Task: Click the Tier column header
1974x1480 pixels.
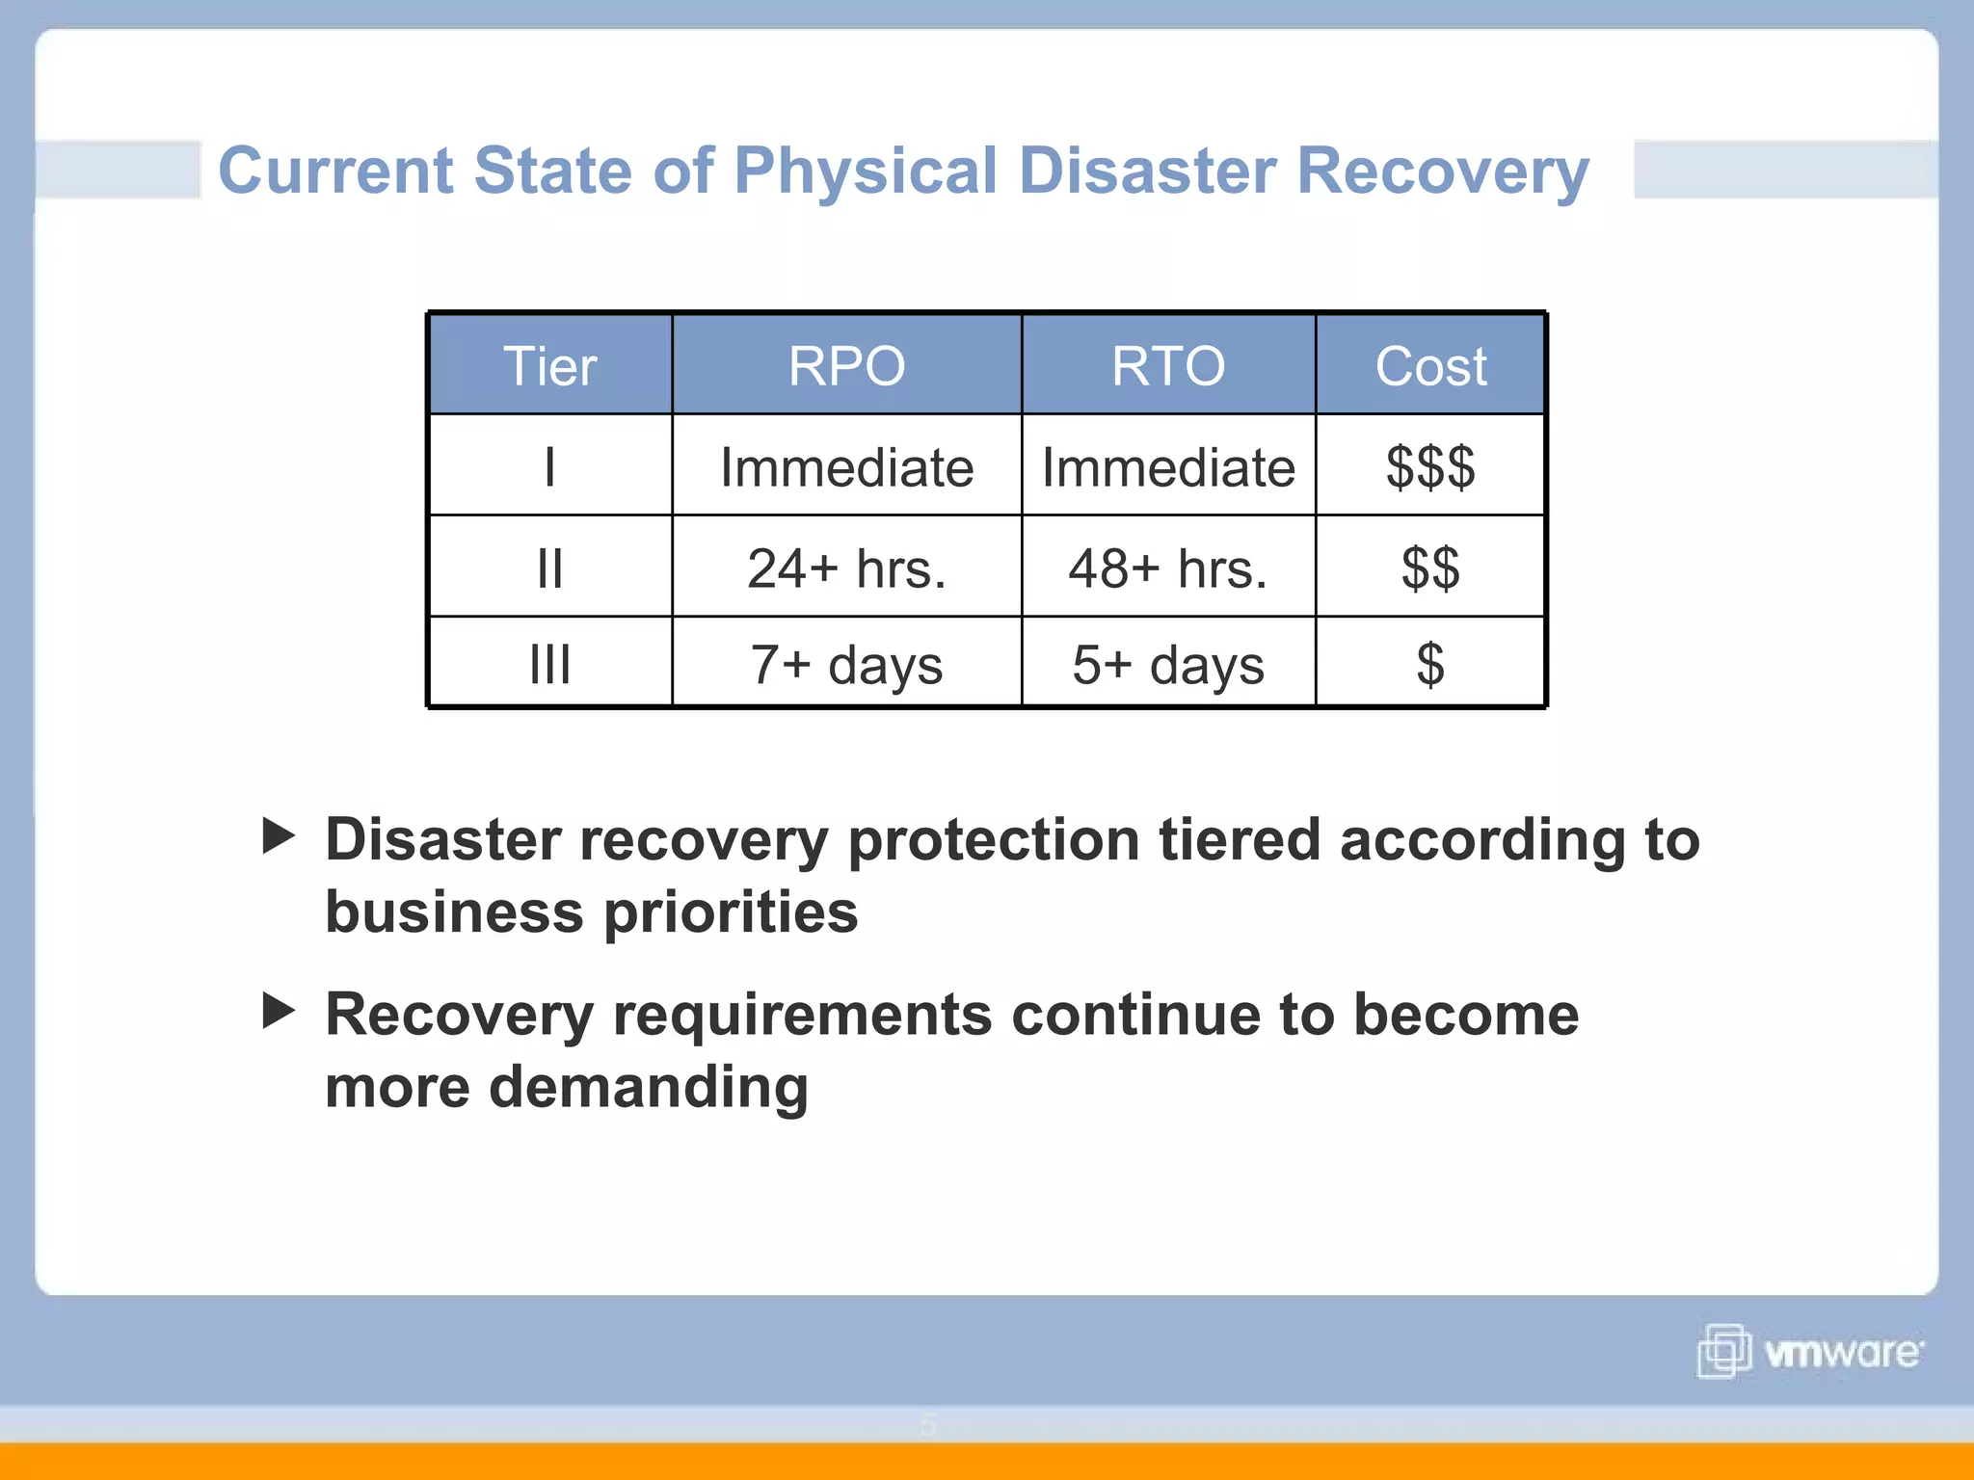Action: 549,366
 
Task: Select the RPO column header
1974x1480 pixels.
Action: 846,366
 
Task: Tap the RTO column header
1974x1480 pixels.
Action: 1167,366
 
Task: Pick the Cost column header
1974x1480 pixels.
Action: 1430,366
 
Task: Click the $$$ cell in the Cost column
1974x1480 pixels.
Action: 1430,467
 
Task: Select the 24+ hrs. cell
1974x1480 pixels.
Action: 846,568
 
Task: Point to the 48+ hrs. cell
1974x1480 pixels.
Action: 1167,568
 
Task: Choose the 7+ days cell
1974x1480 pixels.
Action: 846,665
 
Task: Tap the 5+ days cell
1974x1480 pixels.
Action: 1167,665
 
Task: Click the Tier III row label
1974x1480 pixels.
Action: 549,665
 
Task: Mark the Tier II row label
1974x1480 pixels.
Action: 549,568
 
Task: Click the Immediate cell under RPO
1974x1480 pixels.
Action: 846,467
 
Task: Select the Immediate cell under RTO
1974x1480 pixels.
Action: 1167,467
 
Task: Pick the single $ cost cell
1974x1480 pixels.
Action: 1430,665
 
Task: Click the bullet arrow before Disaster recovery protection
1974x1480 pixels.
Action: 279,836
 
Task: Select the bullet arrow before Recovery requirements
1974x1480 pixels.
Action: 279,1011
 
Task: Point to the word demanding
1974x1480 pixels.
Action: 648,1089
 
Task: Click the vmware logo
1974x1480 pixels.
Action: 1809,1351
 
